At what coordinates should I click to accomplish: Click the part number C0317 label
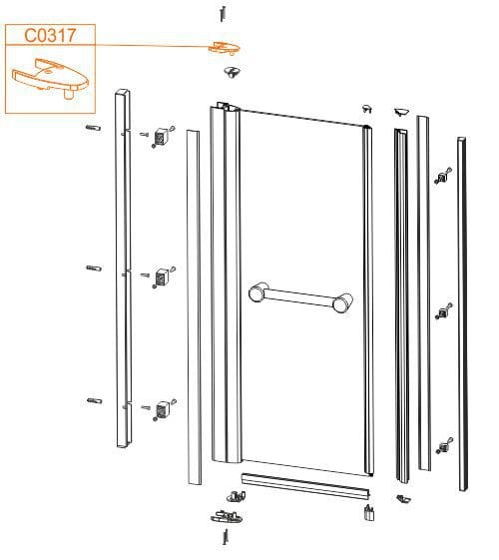[50, 35]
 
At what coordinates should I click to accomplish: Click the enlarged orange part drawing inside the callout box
[50, 78]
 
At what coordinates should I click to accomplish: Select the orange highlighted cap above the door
[225, 48]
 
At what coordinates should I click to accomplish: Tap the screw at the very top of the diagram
[223, 14]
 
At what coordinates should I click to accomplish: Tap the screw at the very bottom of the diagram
[226, 536]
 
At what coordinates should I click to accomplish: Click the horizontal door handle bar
[301, 297]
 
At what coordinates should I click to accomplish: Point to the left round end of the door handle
[257, 291]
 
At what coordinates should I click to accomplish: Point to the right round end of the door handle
[342, 302]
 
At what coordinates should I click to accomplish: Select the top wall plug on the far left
[94, 128]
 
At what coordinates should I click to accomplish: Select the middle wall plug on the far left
[94, 268]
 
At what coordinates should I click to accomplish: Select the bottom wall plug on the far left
[95, 400]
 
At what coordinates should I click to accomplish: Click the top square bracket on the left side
[162, 136]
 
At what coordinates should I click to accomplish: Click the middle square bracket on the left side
[162, 278]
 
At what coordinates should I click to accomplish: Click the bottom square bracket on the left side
[163, 409]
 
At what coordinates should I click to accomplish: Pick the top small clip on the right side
[443, 177]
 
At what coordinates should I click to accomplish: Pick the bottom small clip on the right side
[444, 446]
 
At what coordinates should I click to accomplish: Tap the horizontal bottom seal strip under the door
[306, 485]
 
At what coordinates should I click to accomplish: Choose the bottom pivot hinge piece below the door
[227, 516]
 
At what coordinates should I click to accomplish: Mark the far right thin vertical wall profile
[463, 313]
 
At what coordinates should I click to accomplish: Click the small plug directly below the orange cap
[233, 72]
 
